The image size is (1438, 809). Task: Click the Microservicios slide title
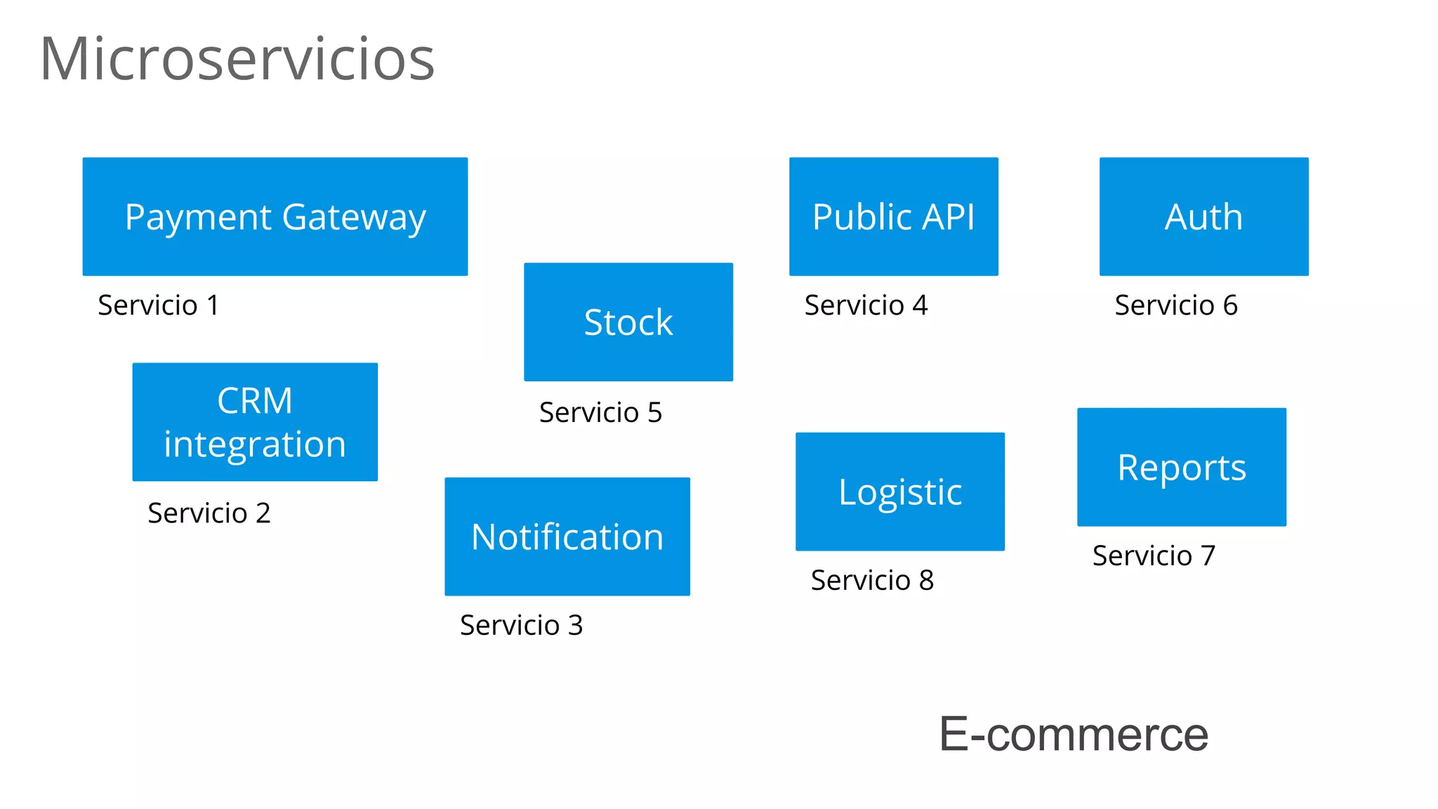(237, 59)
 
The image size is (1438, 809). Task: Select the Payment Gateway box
(275, 216)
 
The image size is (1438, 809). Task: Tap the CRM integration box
(255, 421)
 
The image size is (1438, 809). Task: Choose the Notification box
(567, 537)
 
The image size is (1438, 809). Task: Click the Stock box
(628, 322)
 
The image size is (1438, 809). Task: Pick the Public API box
(894, 216)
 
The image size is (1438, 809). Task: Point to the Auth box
(1204, 216)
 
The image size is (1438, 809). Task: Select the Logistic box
(900, 492)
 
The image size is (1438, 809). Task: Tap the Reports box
(1182, 467)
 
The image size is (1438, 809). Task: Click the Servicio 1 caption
(159, 305)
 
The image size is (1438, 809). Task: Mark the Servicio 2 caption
(209, 513)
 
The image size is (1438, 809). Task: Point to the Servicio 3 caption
(522, 626)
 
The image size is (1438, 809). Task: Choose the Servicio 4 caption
(866, 305)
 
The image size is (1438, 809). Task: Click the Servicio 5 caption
(601, 413)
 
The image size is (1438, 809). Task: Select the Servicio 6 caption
(1177, 305)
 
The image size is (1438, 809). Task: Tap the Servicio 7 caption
(1154, 556)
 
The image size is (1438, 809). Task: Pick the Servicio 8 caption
(873, 581)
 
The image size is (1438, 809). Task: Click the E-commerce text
(1074, 735)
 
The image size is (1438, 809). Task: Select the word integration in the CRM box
(255, 445)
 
